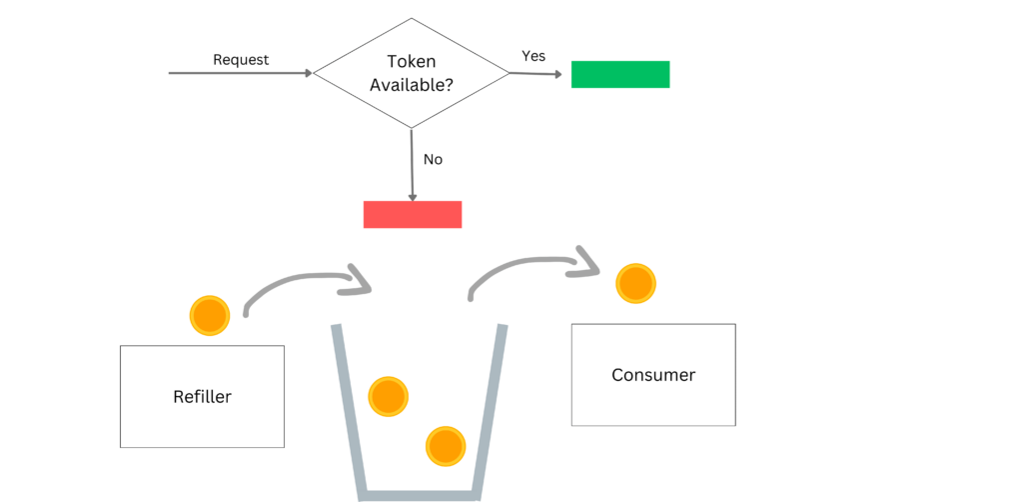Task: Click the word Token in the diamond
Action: click(x=412, y=62)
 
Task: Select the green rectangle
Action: click(x=620, y=74)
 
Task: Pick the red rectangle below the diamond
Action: click(x=413, y=215)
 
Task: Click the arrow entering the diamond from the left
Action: click(x=240, y=73)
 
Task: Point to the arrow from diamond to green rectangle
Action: click(x=539, y=73)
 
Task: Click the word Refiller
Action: click(x=202, y=397)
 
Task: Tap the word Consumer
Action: click(x=653, y=376)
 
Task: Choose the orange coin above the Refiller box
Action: click(x=210, y=315)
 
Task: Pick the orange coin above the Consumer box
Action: click(x=635, y=284)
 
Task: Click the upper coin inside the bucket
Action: click(x=388, y=397)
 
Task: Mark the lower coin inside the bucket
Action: click(x=446, y=445)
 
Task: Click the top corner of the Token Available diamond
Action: click(x=412, y=19)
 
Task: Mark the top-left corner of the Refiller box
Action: click(x=121, y=346)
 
